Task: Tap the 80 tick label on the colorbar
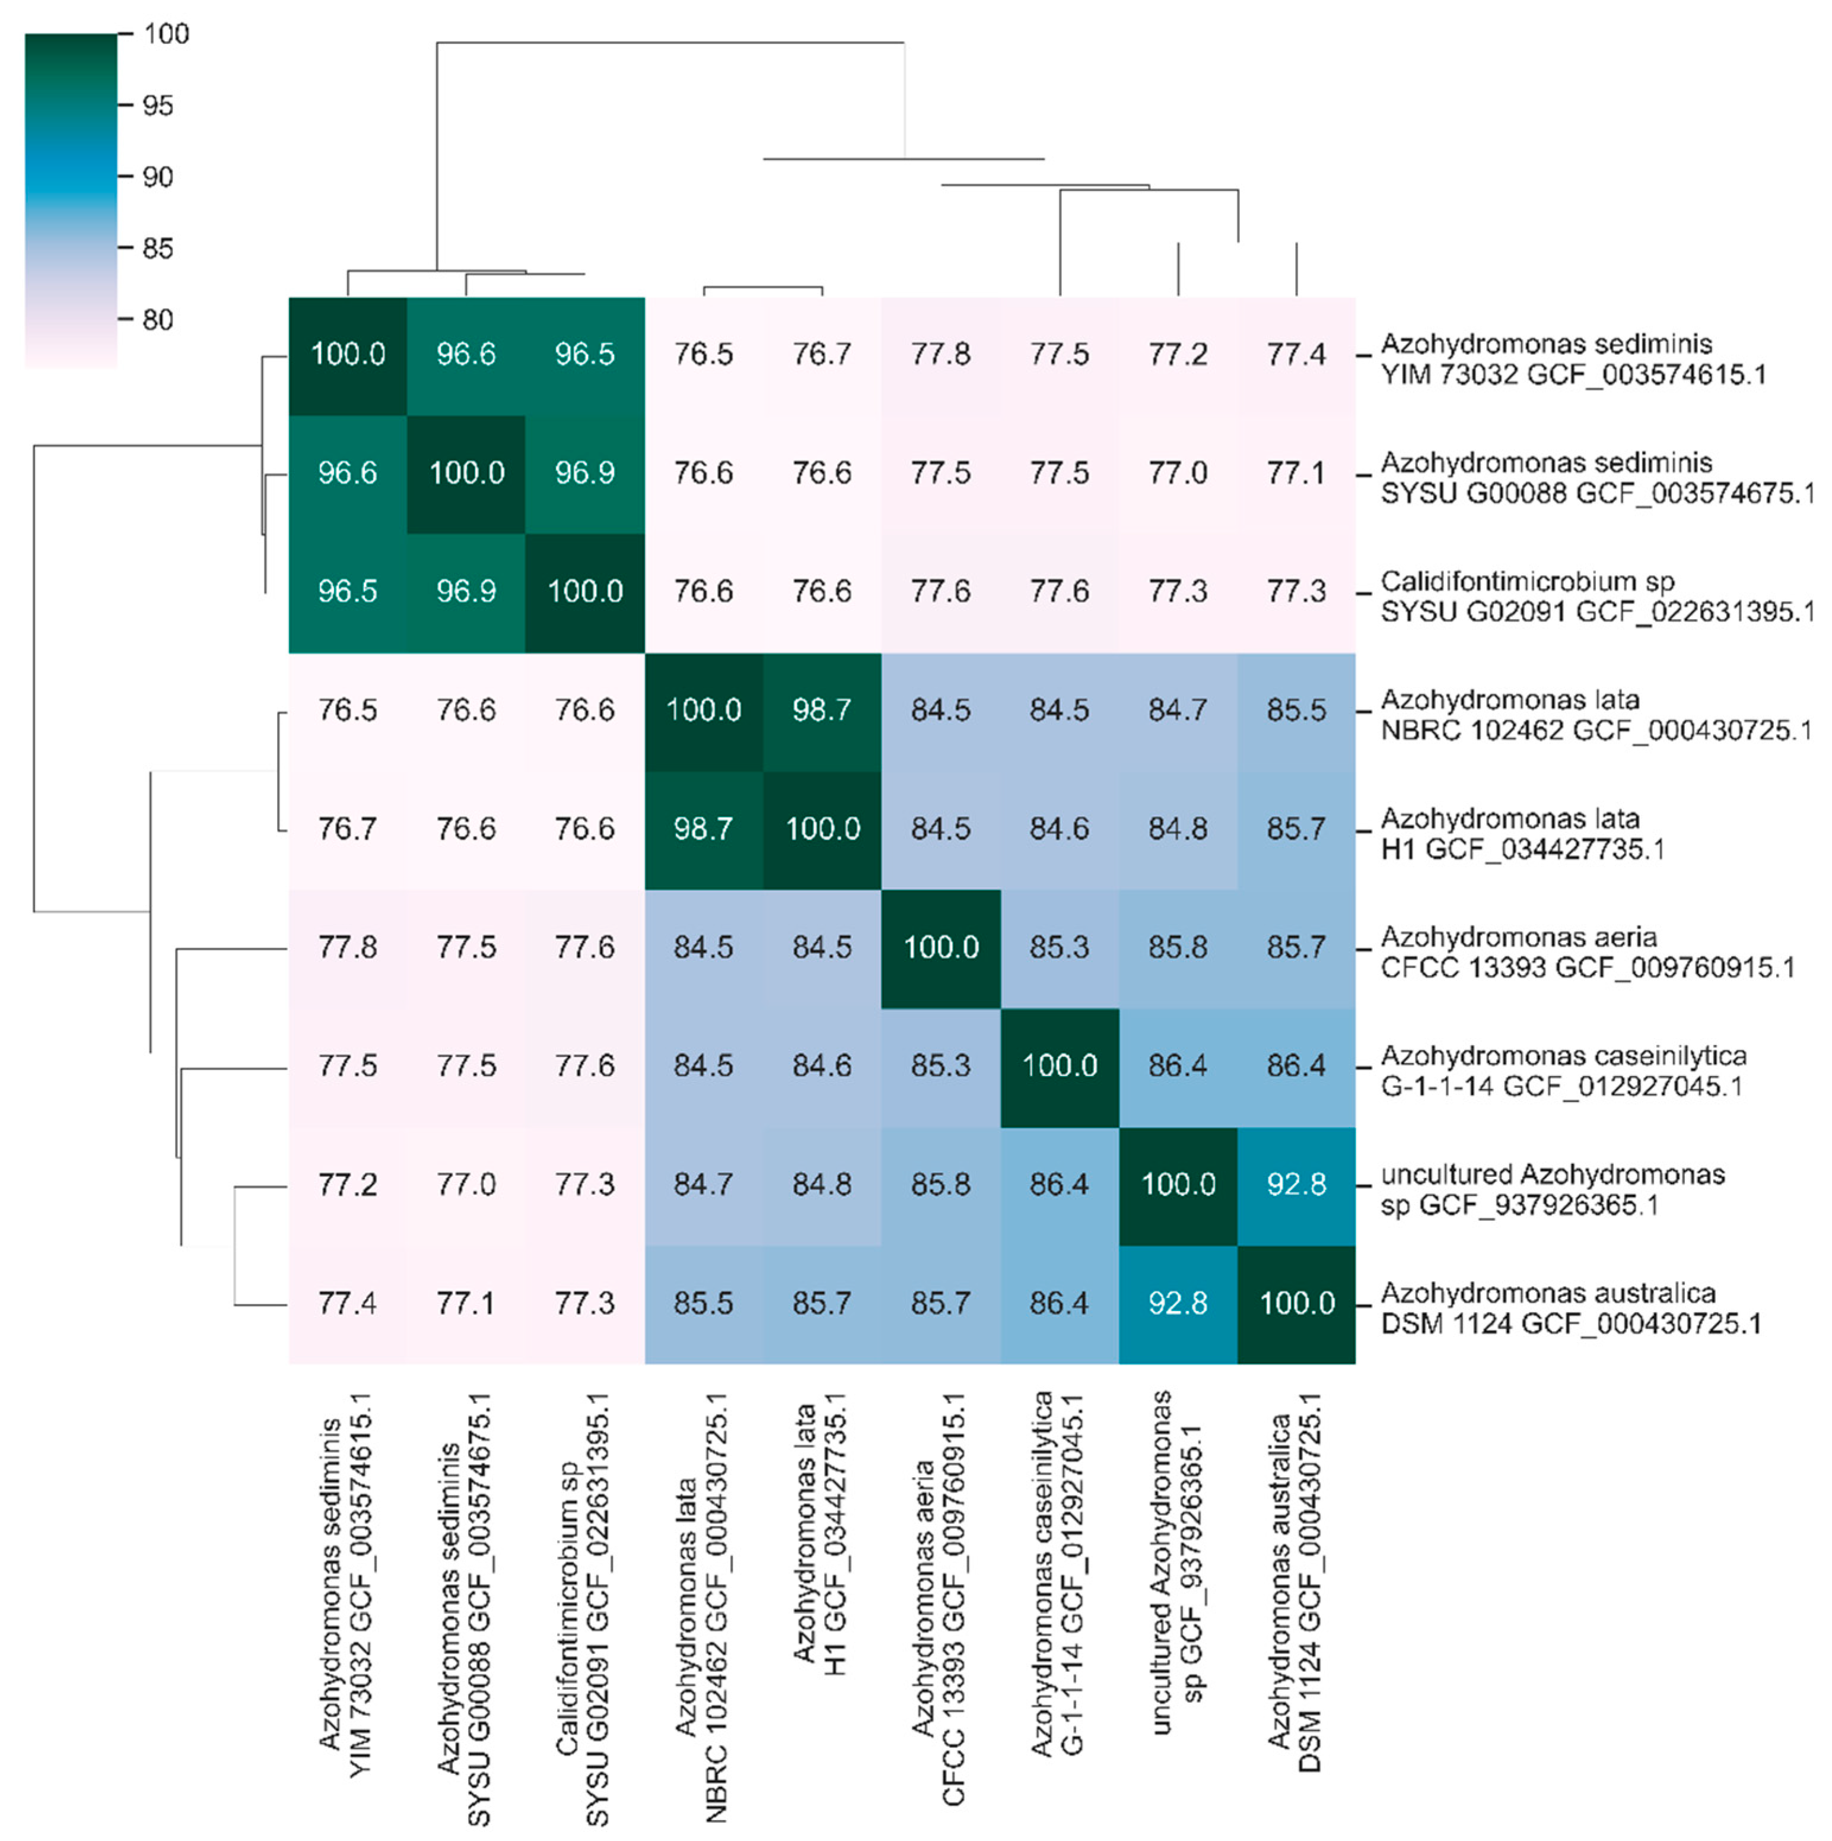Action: coord(158,320)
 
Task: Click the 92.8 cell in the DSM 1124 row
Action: coord(1178,1303)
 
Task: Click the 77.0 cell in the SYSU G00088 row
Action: coord(1178,472)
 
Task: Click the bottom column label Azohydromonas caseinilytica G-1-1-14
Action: coord(1057,1572)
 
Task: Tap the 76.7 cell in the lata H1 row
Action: coord(347,828)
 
